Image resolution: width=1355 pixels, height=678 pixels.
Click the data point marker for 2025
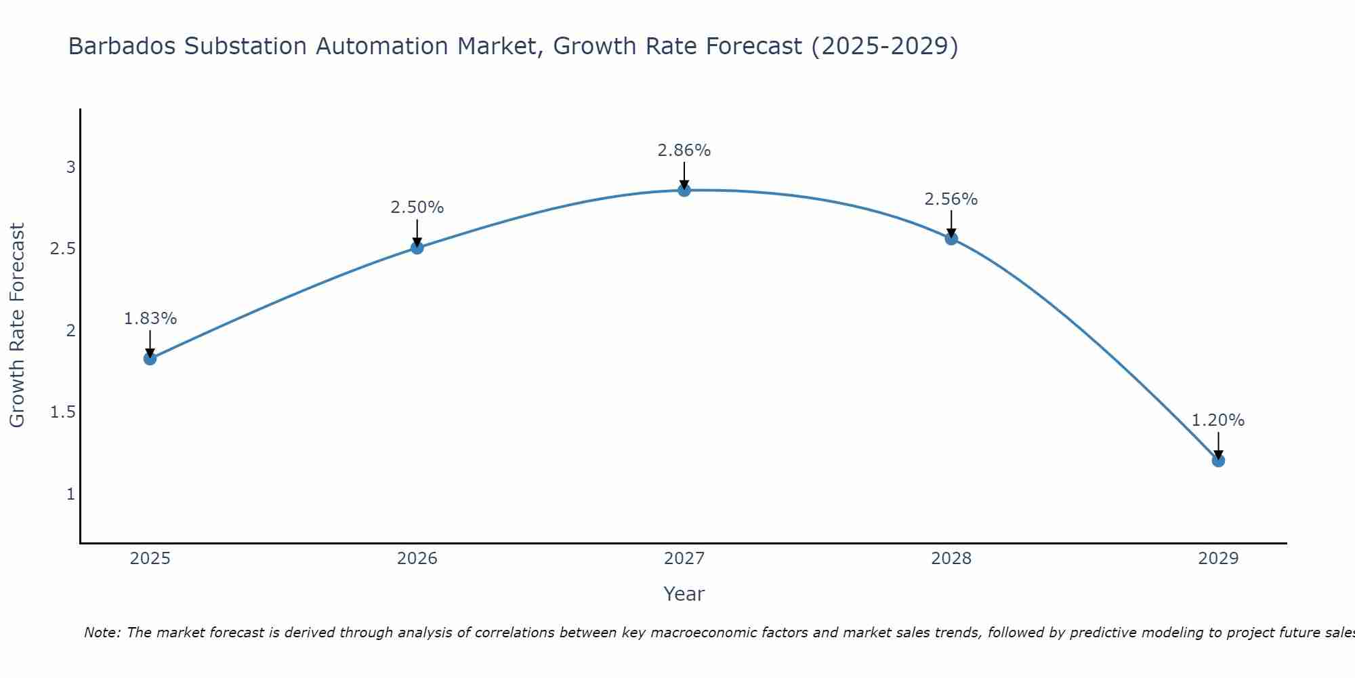[x=150, y=359]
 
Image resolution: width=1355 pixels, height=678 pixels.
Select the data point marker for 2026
[x=417, y=248]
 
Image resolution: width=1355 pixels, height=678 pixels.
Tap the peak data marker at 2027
[x=684, y=191]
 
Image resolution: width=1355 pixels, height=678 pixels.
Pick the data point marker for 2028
[x=951, y=239]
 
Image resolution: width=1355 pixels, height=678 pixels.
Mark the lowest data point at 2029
[x=1218, y=461]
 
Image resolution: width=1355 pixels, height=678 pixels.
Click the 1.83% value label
[x=150, y=319]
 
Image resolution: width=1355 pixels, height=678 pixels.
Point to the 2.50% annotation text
[x=417, y=207]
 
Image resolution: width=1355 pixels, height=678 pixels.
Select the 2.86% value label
[x=684, y=151]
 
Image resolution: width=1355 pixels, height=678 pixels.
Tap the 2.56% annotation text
[x=951, y=199]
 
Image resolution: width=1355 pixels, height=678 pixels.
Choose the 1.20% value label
[x=1218, y=420]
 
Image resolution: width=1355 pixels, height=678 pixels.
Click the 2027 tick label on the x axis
[x=684, y=559]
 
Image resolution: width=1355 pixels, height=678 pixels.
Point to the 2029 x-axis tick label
[x=1218, y=559]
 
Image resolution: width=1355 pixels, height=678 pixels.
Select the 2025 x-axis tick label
[x=150, y=559]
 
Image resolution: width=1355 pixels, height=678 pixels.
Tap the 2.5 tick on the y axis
[x=62, y=249]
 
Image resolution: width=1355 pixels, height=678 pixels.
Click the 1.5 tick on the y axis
[x=62, y=412]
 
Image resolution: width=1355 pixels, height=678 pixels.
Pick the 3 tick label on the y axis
[x=70, y=167]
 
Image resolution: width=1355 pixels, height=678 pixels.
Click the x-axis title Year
[x=684, y=594]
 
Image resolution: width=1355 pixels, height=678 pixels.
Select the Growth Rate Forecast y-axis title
[x=18, y=325]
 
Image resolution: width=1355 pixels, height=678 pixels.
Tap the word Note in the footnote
[x=102, y=633]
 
